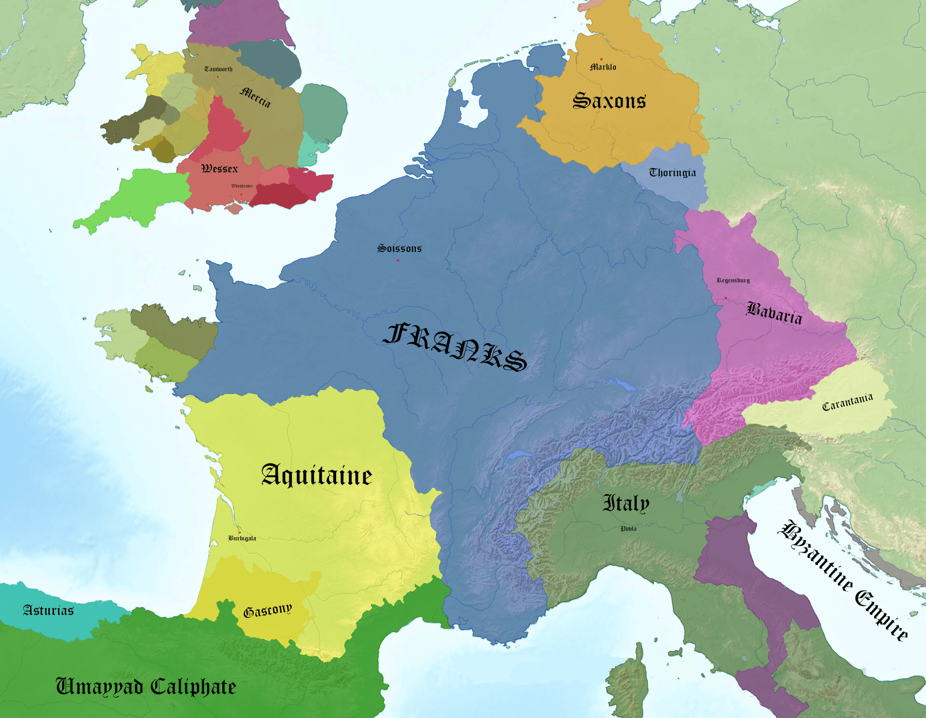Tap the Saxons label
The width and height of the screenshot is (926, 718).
(609, 101)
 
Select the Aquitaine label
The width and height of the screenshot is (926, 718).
(316, 475)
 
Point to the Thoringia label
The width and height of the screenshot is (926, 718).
(672, 173)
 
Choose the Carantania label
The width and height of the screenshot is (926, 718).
(847, 402)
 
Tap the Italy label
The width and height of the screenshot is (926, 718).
(626, 503)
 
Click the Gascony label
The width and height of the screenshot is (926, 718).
(268, 610)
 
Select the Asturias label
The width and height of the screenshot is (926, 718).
(48, 610)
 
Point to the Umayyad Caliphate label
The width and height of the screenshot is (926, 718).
(146, 687)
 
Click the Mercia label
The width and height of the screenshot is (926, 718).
(255, 97)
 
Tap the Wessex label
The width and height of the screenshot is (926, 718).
(219, 169)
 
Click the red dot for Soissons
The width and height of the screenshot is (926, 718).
(398, 260)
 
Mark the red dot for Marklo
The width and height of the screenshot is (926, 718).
(601, 59)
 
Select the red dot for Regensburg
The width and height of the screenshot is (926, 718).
(726, 298)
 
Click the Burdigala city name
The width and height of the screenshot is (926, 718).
(242, 538)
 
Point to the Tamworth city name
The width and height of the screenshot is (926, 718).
(218, 69)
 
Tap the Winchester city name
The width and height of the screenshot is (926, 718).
(242, 186)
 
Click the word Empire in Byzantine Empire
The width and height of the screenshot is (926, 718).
(882, 614)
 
